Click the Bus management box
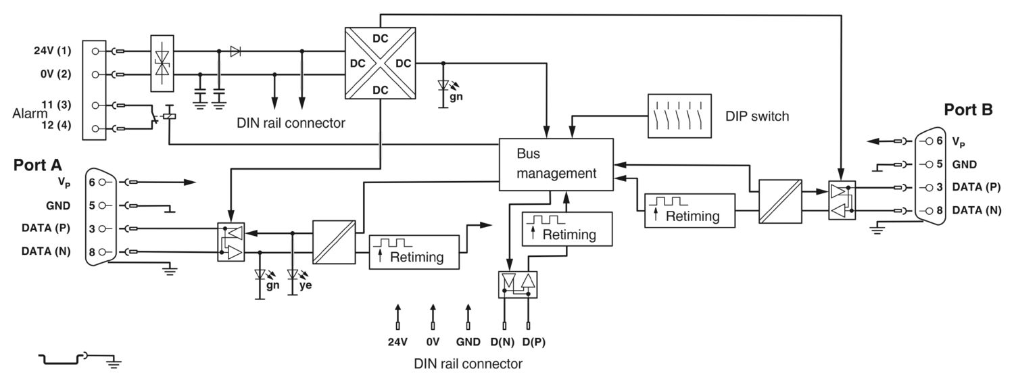tap(556, 164)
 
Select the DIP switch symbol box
tap(679, 116)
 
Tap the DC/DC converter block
tap(380, 63)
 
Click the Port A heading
tap(38, 165)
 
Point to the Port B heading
tap(968, 109)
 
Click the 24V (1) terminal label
tap(53, 51)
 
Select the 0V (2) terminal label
tap(55, 74)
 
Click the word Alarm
tap(30, 114)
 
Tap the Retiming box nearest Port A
tap(414, 252)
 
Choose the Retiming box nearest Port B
tap(690, 210)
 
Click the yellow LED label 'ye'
tap(306, 285)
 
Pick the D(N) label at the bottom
tap(502, 342)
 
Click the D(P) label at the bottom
tap(534, 342)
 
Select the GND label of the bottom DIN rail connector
tap(468, 342)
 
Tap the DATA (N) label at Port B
tap(976, 210)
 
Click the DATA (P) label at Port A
tap(46, 228)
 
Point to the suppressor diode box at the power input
tap(162, 64)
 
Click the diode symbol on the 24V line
tap(235, 51)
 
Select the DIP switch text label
tap(757, 116)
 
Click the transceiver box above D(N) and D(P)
tap(518, 285)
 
